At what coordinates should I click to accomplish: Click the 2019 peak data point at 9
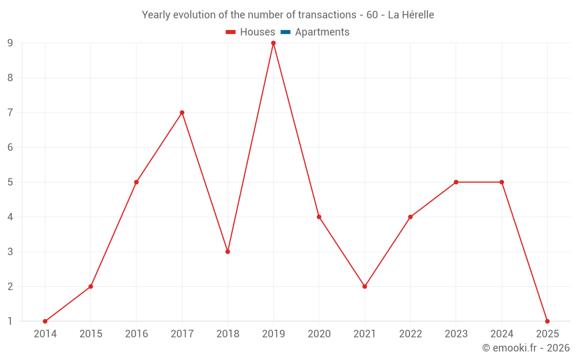(274, 43)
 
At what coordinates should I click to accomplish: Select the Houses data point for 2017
(182, 113)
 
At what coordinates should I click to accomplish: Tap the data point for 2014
(45, 321)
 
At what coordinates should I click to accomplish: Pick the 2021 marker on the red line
(365, 286)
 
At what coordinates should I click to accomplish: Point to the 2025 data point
(547, 321)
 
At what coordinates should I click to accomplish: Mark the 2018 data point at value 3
(228, 252)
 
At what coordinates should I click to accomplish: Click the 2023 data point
(456, 182)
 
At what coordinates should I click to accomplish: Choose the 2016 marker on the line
(137, 182)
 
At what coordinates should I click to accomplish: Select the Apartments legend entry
(322, 32)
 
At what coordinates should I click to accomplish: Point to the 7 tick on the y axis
(10, 113)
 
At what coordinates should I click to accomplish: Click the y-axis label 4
(10, 217)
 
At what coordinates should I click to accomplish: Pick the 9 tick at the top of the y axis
(10, 43)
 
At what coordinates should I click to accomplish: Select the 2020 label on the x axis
(319, 334)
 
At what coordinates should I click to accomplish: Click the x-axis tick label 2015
(90, 334)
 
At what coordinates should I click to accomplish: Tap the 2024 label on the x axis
(502, 334)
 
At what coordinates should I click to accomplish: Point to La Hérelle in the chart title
(411, 15)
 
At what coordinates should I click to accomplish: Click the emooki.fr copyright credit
(525, 348)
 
